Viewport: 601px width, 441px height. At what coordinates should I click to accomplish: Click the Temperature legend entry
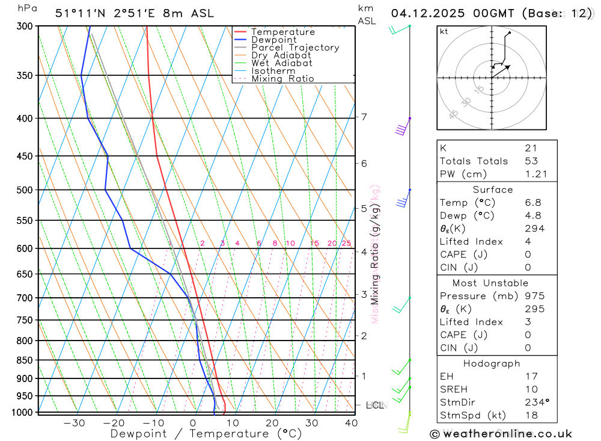pos(282,32)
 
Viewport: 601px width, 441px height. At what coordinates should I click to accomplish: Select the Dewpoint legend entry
pos(273,40)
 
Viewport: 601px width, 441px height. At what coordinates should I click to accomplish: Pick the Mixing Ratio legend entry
pos(282,79)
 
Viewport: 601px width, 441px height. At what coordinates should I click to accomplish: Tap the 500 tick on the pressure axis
pos(26,190)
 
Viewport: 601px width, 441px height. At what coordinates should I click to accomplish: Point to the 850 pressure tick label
pos(26,360)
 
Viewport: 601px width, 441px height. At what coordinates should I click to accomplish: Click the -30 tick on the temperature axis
pos(74,423)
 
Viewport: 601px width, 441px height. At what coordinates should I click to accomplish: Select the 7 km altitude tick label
pos(364,117)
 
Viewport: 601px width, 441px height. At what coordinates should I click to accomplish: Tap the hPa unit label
pos(26,8)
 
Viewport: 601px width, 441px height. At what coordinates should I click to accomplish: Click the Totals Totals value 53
pos(531,161)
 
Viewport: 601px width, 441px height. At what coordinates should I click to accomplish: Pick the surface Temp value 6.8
pos(532,203)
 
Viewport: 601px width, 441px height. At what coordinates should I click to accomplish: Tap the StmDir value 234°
pos(534,402)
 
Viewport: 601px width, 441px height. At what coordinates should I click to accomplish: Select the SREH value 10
pos(531,389)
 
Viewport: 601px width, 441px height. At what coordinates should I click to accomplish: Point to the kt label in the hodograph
pos(444,31)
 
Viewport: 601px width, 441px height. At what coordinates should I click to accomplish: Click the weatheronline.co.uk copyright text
pos(501,434)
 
